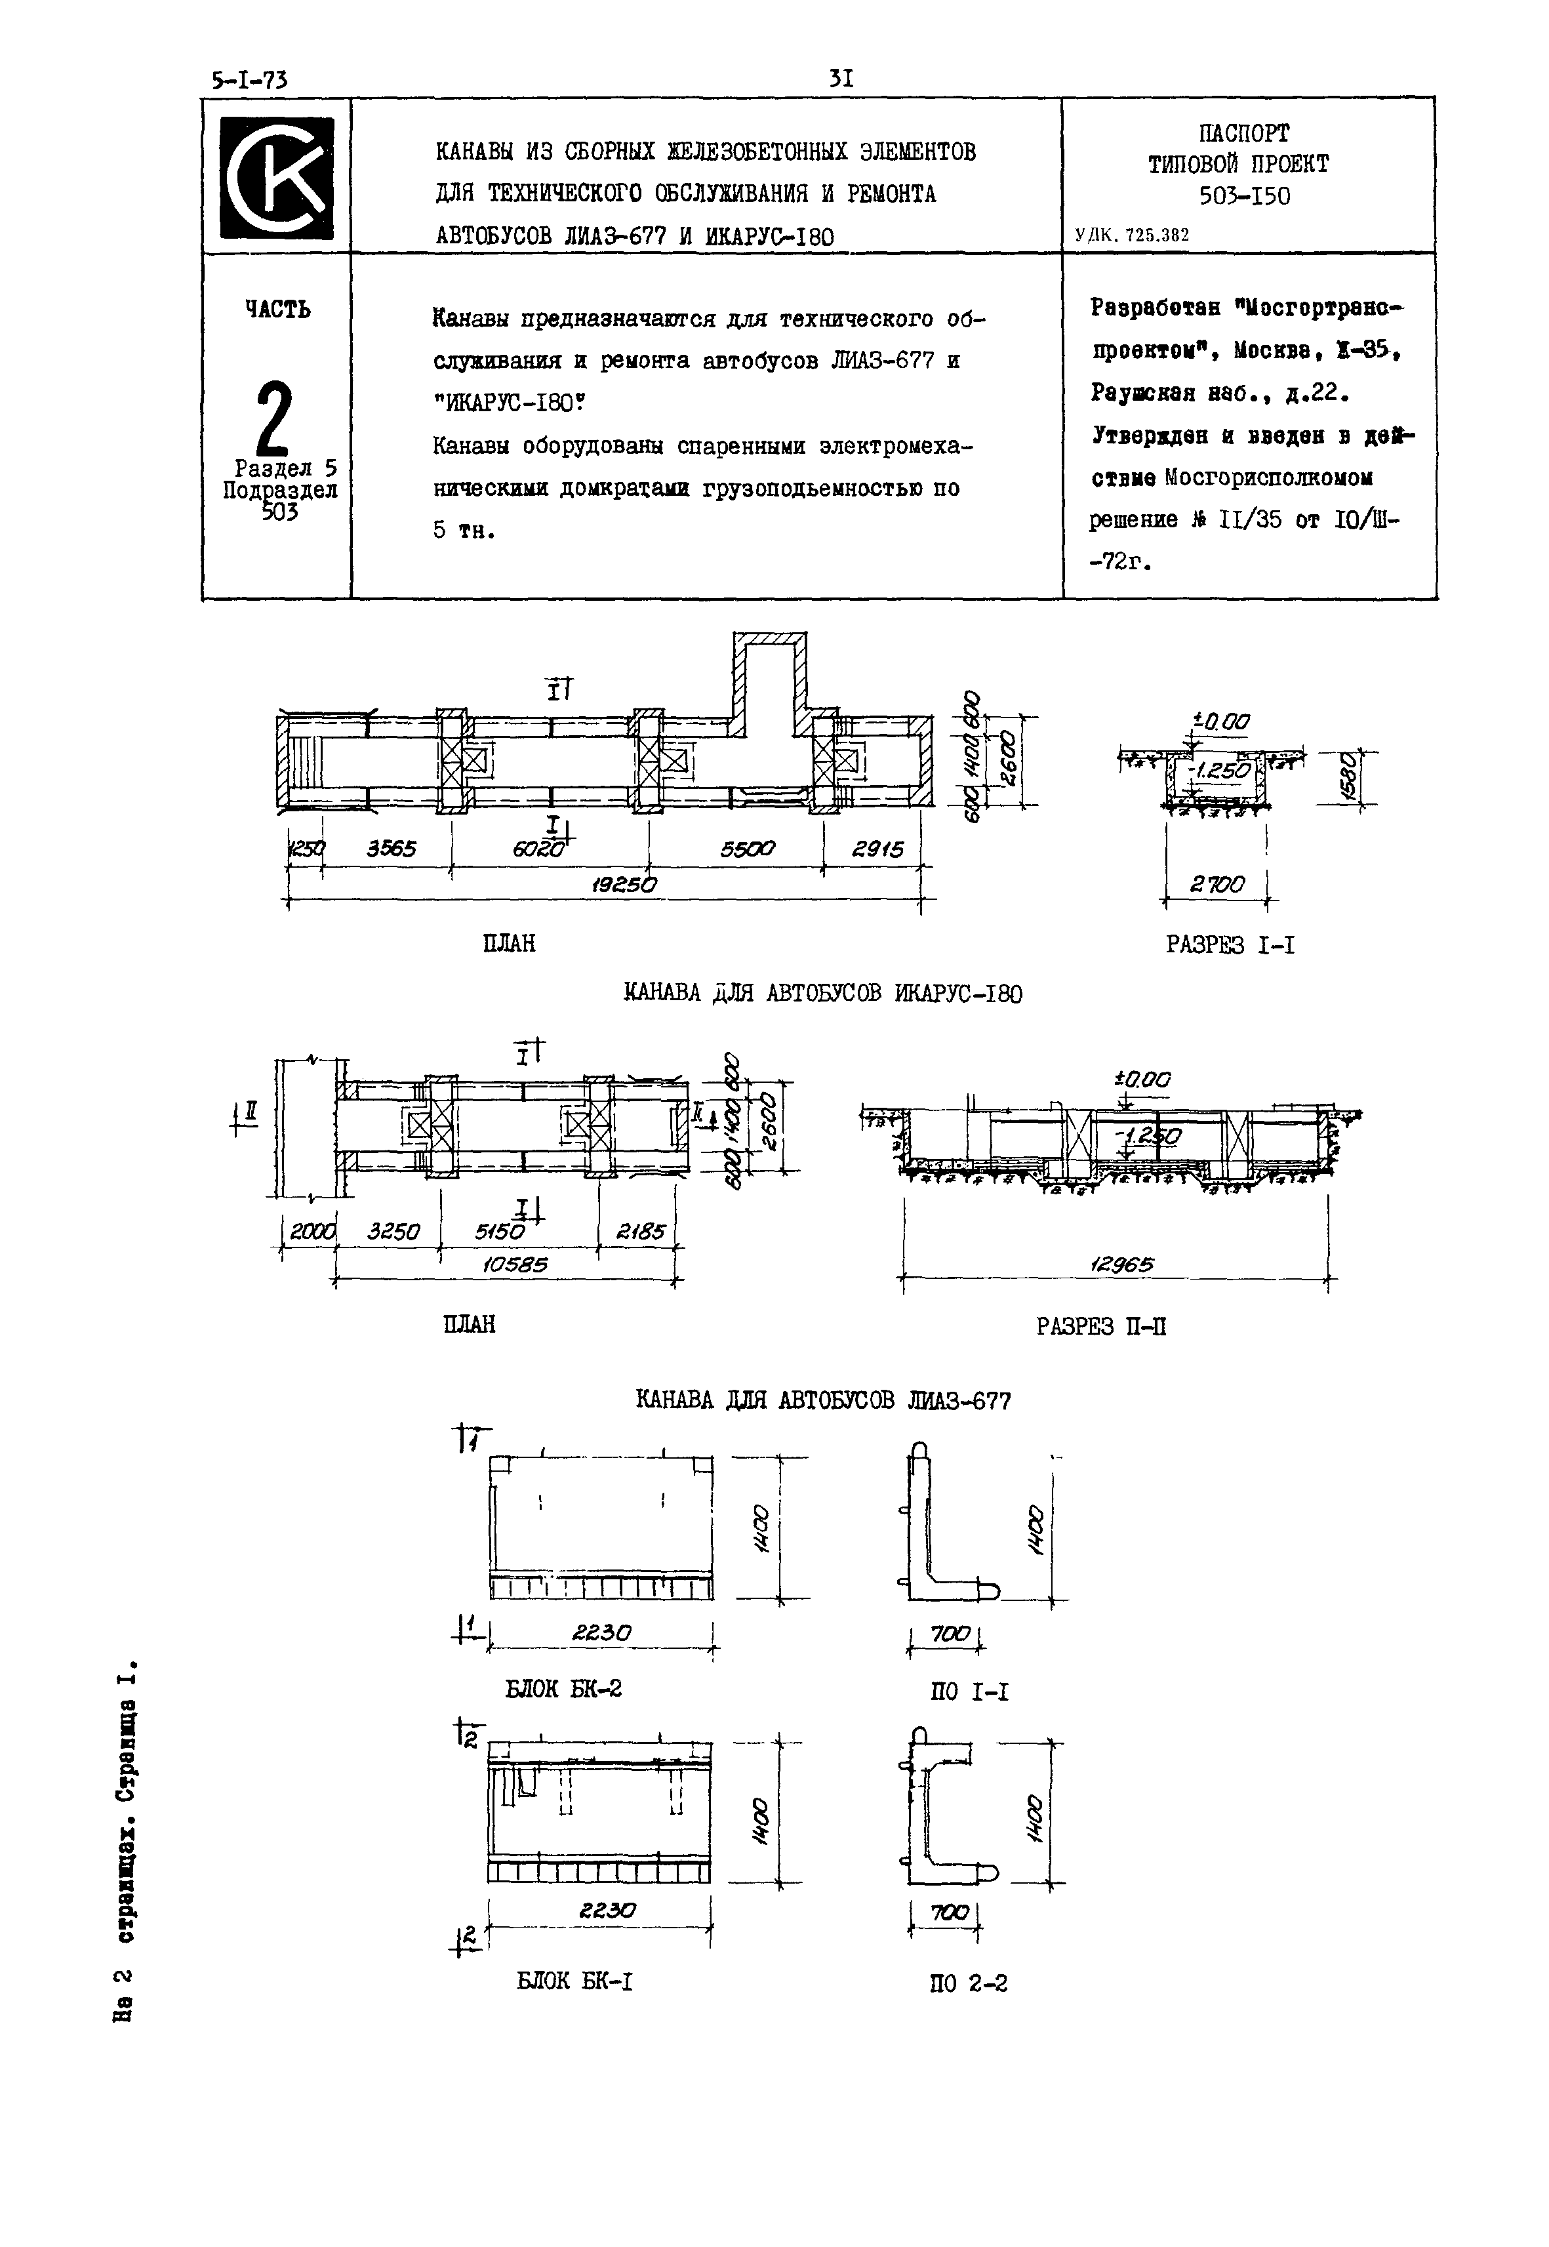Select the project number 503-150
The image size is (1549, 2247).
click(1244, 196)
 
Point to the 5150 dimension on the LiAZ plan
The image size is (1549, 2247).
click(500, 1232)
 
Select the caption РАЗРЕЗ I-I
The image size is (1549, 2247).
click(1230, 944)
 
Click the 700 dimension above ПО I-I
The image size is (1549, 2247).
click(949, 1634)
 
